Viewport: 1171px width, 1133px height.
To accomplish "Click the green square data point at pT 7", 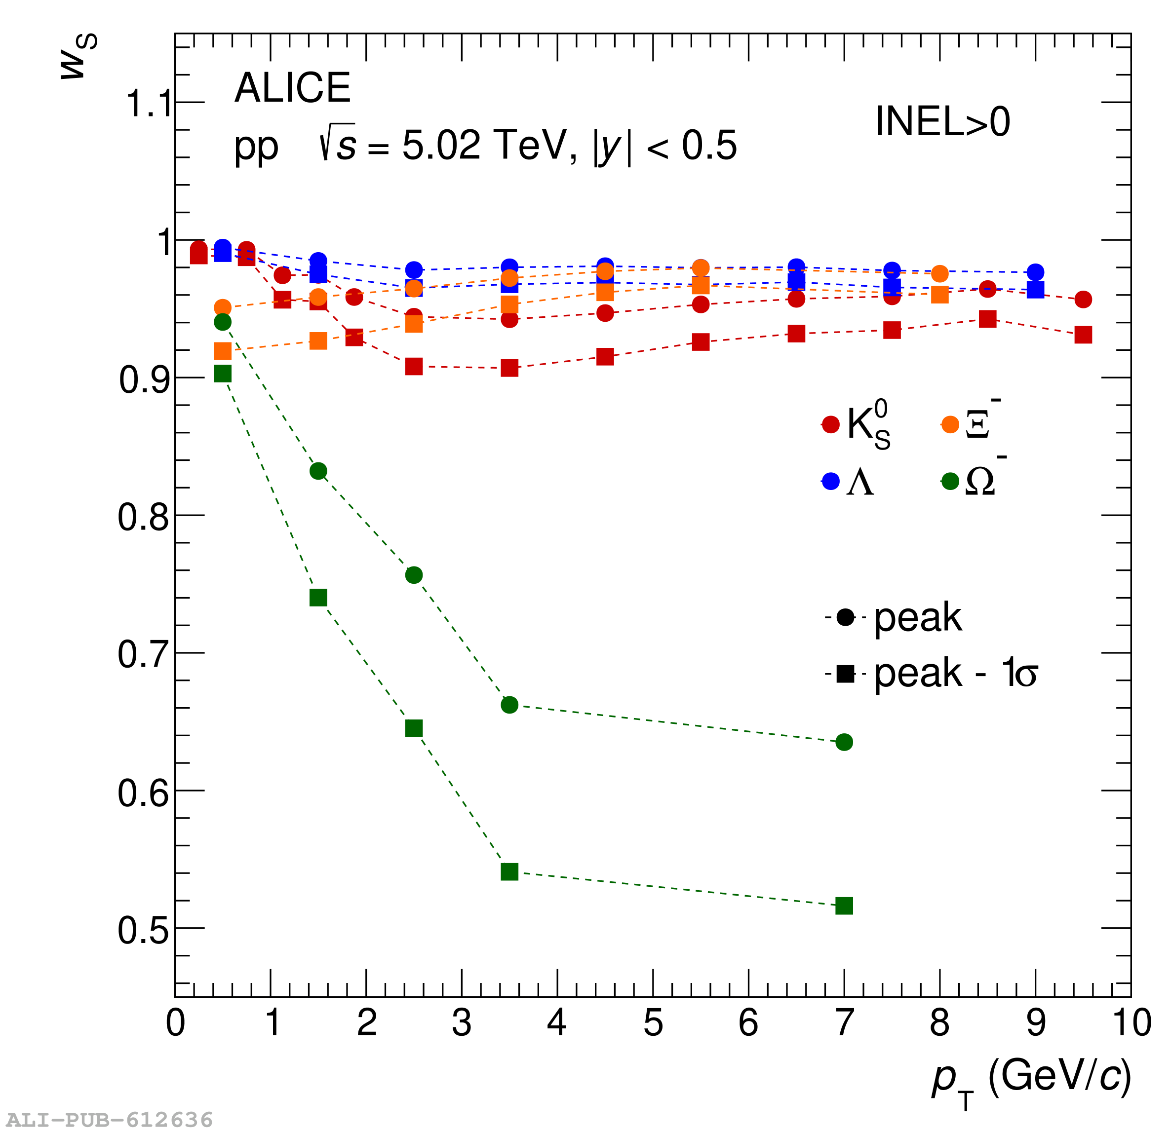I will point(844,906).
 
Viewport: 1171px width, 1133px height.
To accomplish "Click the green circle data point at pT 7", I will point(844,742).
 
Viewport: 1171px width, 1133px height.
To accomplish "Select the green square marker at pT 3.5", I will point(509,872).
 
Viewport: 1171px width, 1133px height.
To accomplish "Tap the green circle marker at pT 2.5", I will point(414,575).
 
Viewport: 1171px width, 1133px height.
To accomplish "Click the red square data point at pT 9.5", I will point(1083,335).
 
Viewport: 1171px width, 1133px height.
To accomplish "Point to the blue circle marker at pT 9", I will point(1035,272).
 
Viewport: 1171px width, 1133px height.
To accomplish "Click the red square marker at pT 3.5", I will point(509,368).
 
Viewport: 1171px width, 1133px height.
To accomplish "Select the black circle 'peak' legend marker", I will point(845,617).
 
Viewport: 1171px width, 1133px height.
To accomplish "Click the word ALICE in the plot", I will point(292,88).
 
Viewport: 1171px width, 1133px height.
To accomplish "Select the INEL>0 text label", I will point(943,122).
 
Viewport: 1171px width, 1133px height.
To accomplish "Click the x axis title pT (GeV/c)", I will point(1031,1079).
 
